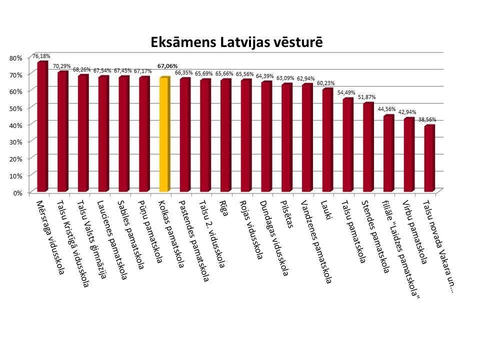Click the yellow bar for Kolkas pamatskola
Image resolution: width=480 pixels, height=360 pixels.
163,135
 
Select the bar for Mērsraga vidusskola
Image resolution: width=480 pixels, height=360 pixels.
41,127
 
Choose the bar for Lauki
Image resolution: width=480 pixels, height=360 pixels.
327,140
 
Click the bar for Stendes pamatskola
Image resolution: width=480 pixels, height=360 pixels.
367,147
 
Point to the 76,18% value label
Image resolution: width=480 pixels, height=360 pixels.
41,56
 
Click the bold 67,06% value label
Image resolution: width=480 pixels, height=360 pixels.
167,65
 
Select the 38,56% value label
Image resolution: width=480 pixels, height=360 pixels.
428,119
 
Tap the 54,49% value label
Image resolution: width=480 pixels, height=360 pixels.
347,92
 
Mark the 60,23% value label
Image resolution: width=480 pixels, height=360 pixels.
326,83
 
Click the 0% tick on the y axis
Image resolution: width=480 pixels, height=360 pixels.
18,192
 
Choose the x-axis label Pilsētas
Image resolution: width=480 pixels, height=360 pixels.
288,215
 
